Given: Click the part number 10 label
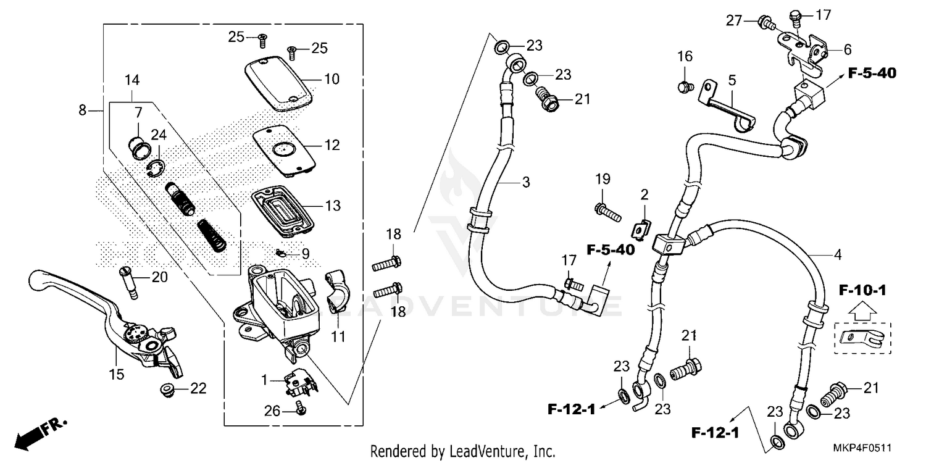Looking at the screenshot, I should [332, 79].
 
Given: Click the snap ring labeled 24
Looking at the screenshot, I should [157, 168].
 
